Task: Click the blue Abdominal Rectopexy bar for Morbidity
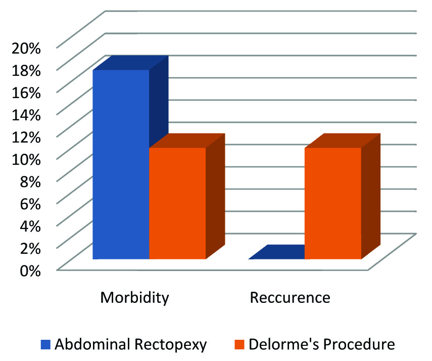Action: coord(121,164)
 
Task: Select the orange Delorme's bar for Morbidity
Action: coord(177,203)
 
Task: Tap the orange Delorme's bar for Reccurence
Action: coord(332,203)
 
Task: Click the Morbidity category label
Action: coord(134,297)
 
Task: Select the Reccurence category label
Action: coord(290,297)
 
